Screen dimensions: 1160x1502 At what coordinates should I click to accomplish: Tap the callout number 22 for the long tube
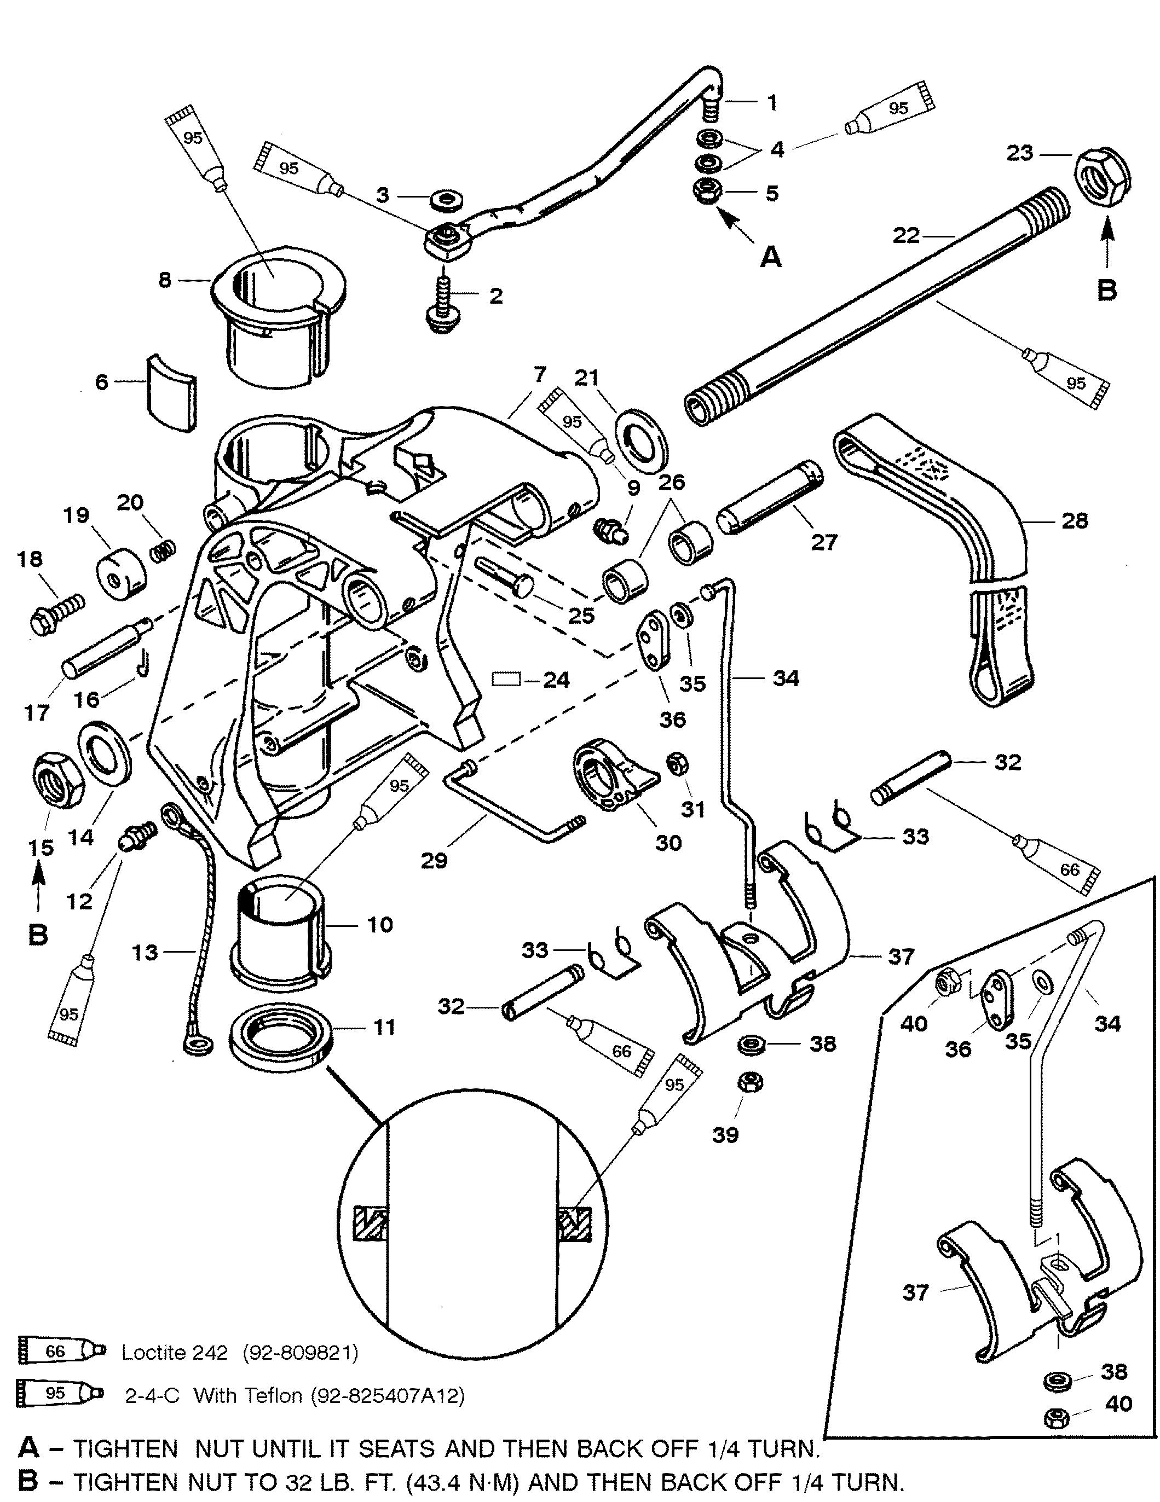click(x=907, y=235)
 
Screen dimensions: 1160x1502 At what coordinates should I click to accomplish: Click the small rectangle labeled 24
click(x=507, y=679)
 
